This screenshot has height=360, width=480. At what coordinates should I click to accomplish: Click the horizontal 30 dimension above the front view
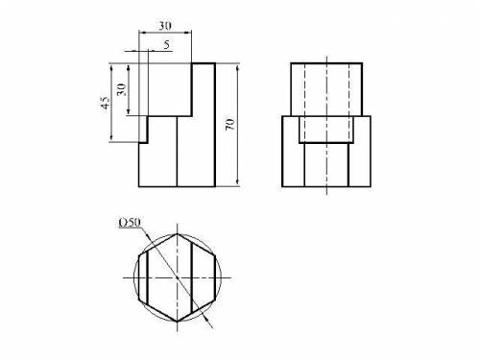coord(165,26)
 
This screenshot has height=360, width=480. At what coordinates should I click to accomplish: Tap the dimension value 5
coord(166,45)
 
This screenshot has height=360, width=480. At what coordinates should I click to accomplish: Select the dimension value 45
coord(106,103)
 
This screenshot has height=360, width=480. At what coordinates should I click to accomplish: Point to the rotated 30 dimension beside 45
coord(121,89)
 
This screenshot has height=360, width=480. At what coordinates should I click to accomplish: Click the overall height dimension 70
coord(229,124)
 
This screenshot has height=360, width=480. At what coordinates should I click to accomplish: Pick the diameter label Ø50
coord(130,223)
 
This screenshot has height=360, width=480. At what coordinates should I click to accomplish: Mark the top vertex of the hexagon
coord(178,234)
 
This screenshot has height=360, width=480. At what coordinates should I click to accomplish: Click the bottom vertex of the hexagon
coord(178,321)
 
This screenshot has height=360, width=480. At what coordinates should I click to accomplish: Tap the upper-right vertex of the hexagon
coord(215,255)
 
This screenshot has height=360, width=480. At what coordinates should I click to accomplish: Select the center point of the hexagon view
coord(178,277)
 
